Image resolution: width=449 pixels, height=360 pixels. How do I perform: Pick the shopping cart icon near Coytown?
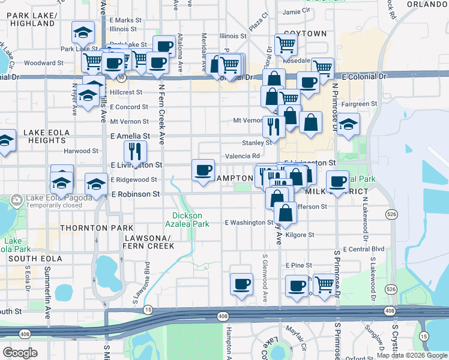point(286,44)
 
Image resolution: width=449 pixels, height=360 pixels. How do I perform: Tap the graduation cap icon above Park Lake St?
point(83,32)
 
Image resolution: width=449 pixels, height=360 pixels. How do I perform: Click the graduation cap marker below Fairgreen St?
point(348,125)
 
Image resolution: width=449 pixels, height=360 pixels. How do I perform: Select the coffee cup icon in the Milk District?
point(337,181)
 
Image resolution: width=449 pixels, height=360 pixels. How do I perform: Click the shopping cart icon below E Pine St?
point(324,284)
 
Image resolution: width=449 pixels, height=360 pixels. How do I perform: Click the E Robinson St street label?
point(135,194)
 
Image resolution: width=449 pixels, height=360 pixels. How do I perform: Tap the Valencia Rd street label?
point(242,156)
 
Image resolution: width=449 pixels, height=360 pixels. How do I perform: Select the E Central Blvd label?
point(363,248)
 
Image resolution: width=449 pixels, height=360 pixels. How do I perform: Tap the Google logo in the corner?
point(20,353)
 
